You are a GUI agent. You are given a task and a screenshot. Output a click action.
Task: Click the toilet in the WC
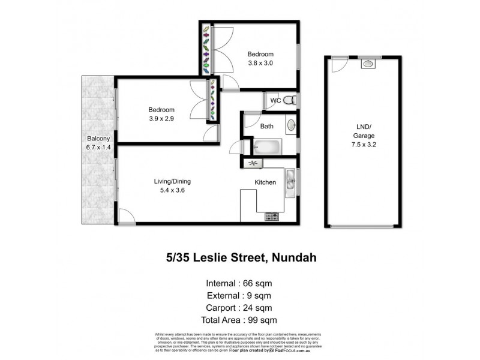tap(289, 100)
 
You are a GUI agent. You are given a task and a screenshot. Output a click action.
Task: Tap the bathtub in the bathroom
tap(266, 146)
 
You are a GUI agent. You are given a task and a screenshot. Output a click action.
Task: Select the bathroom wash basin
tap(291, 125)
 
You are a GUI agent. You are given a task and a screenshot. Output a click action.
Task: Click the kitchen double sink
tap(290, 180)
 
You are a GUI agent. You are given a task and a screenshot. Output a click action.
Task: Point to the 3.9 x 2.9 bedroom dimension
tap(161, 119)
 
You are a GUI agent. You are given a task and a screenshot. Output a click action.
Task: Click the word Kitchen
tap(265, 182)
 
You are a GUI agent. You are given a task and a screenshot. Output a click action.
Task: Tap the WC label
tap(275, 100)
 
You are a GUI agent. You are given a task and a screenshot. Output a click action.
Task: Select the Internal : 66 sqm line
tap(239, 283)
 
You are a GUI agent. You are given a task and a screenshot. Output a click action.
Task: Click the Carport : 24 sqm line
tap(239, 308)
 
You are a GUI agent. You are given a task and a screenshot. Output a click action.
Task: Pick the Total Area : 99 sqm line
tap(239, 320)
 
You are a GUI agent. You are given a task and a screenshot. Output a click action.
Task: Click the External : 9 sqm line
tap(239, 295)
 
